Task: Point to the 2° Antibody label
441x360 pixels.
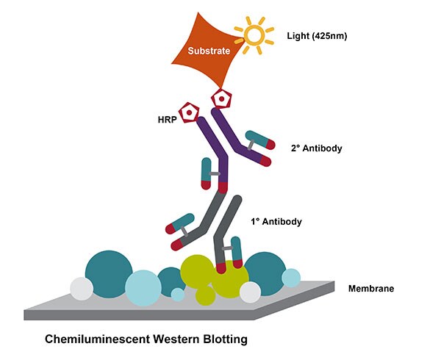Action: [317, 148]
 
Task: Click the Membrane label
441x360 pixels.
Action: [370, 289]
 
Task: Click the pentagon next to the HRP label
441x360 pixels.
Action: [191, 112]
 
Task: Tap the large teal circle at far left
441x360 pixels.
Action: [108, 273]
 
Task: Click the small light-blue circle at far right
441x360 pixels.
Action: [291, 278]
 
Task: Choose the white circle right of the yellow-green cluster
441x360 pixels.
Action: [251, 292]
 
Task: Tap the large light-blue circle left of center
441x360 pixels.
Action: [143, 287]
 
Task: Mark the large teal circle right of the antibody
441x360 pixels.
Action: [263, 273]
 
